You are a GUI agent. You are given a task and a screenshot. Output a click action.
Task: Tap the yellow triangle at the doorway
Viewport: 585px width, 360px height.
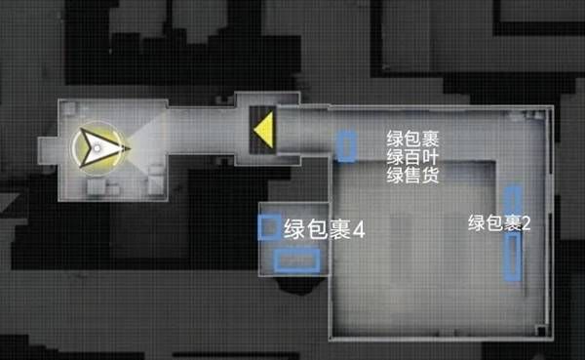(x=261, y=130)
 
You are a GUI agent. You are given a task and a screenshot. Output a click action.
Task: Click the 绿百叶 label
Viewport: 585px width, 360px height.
(x=412, y=158)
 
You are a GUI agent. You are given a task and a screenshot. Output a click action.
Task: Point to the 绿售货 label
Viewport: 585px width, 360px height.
(x=412, y=176)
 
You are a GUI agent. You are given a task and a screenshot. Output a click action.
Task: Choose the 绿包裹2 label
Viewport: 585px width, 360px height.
(x=499, y=222)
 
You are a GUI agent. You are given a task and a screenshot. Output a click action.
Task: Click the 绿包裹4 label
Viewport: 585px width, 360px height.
(x=324, y=231)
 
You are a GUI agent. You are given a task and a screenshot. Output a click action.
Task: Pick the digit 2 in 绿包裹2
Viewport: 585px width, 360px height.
(x=526, y=222)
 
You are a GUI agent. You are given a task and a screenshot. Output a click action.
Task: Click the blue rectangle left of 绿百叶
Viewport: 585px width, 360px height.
(x=345, y=145)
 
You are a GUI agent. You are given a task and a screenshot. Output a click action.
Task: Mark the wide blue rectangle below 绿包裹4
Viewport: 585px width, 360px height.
(x=296, y=260)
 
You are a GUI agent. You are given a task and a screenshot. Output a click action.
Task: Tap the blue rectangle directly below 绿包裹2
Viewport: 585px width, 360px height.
(x=512, y=258)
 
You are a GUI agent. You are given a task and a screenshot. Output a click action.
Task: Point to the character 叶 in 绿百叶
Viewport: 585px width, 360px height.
(x=429, y=158)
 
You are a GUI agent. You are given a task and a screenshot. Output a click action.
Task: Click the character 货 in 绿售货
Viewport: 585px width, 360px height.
(x=429, y=176)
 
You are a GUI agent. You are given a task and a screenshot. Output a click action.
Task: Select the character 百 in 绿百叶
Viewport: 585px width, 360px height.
(x=412, y=158)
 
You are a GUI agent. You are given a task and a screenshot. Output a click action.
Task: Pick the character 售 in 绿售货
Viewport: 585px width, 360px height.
(x=412, y=176)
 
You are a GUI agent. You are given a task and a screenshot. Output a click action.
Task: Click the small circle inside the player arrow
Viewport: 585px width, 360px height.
(x=96, y=148)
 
